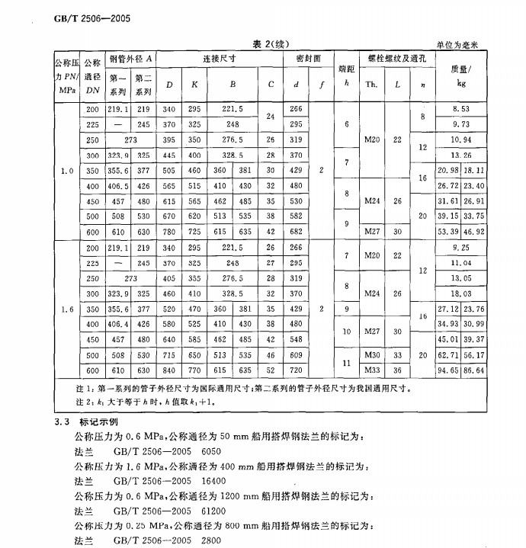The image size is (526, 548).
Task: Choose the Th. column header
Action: point(372,82)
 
